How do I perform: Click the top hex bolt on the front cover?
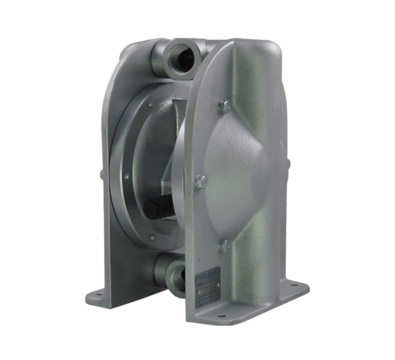coord(224,107)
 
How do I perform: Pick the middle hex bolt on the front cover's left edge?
coord(201,182)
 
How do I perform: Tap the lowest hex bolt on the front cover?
coord(223,246)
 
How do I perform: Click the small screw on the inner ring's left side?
coord(126,177)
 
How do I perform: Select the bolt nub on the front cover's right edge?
coord(287,164)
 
